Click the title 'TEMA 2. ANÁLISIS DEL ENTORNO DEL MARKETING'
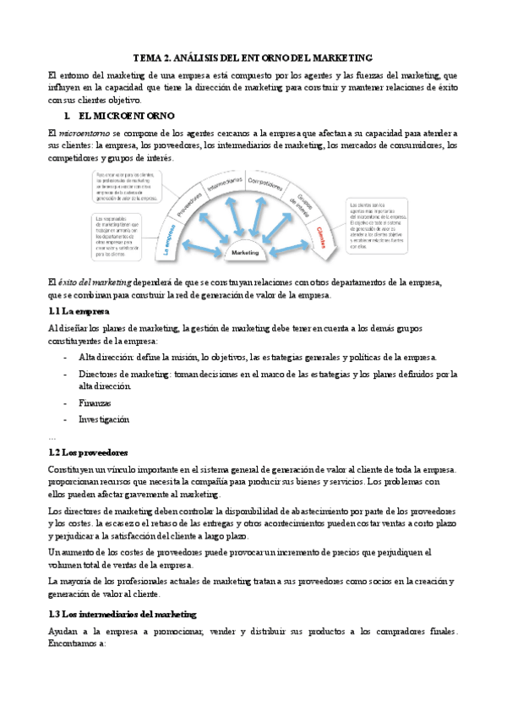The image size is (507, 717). [253, 58]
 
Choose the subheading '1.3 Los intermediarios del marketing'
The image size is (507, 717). [123, 613]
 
